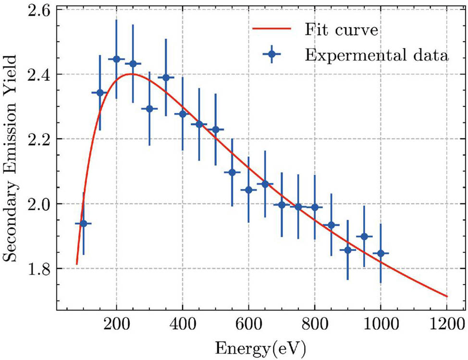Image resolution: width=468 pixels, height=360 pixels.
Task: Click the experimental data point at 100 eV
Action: click(x=83, y=223)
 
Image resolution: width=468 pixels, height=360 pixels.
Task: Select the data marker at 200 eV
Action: click(x=116, y=59)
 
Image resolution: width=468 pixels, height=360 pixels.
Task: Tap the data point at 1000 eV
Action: click(x=381, y=253)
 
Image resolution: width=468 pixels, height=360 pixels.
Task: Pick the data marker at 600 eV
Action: click(x=248, y=190)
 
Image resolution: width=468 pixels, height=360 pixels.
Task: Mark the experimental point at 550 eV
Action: click(x=232, y=172)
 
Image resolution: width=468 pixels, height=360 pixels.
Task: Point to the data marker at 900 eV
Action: click(x=347, y=250)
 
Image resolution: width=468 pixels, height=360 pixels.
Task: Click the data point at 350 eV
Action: click(x=166, y=77)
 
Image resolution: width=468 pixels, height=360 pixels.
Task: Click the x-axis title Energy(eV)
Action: click(x=260, y=347)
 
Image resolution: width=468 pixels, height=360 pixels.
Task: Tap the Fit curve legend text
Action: click(x=342, y=30)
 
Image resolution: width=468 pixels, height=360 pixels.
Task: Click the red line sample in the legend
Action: click(x=272, y=29)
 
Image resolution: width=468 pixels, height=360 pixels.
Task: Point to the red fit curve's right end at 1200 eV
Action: click(x=447, y=296)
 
